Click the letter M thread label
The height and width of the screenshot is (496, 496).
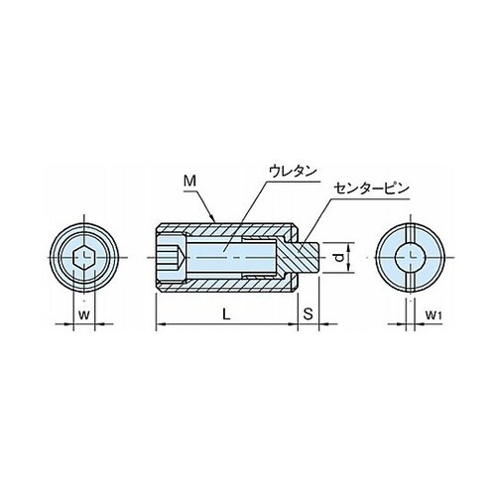(x=190, y=181)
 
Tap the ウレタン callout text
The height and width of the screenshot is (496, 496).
(x=293, y=172)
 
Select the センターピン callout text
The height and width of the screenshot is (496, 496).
(x=371, y=188)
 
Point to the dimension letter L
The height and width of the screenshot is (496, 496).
(x=226, y=314)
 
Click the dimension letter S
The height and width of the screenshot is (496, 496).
(x=308, y=314)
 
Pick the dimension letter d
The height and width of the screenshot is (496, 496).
(x=339, y=258)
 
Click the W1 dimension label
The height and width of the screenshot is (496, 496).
(x=434, y=315)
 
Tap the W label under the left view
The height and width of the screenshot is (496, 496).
(x=84, y=314)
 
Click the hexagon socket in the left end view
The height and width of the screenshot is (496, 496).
(x=84, y=258)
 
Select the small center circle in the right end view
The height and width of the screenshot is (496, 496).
(x=411, y=258)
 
